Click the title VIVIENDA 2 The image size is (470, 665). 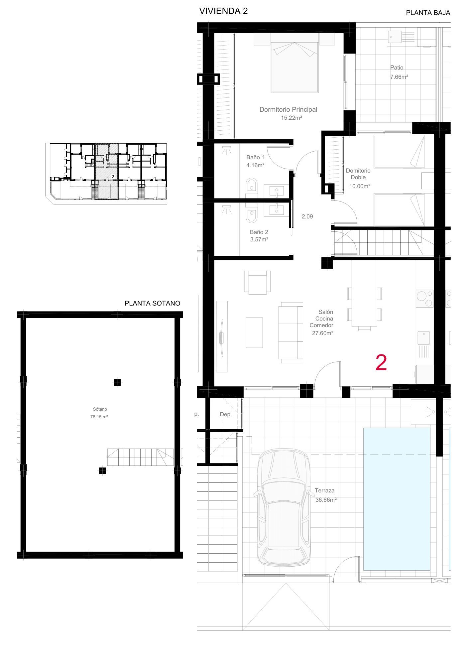[x=223, y=11]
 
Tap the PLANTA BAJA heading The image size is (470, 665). [x=428, y=13]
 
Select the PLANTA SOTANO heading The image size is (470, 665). [x=152, y=303]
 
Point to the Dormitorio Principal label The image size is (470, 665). [x=288, y=109]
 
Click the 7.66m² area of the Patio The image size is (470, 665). [x=399, y=77]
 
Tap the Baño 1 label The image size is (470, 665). [x=256, y=157]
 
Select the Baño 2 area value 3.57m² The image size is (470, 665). [x=259, y=239]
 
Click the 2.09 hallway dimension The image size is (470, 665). [x=307, y=216]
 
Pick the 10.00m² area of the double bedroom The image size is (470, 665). [x=360, y=187]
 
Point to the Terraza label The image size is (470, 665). [x=325, y=490]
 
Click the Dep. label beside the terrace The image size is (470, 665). [x=226, y=415]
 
